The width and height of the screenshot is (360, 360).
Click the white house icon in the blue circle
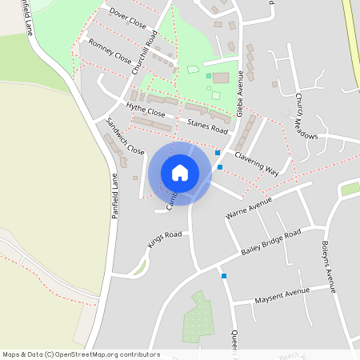tap(180, 173)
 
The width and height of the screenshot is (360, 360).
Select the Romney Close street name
tap(110, 51)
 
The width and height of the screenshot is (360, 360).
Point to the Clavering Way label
tap(256, 160)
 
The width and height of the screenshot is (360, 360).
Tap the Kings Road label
tap(165, 239)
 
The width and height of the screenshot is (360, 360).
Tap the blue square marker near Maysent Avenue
tap(224, 276)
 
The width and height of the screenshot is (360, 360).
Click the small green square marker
tap(209, 76)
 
